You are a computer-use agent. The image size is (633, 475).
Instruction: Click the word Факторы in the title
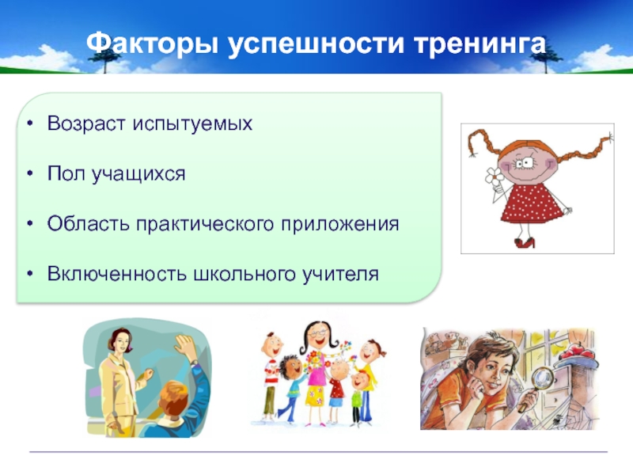(152, 44)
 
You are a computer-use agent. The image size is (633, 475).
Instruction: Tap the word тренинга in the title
(479, 44)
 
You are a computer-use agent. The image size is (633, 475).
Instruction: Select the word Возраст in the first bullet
(87, 123)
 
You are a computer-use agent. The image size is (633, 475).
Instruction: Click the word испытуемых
(192, 123)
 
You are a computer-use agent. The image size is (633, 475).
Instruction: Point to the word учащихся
(138, 174)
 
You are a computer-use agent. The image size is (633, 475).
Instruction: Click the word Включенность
(117, 274)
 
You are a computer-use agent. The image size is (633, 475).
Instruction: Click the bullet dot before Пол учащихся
(30, 173)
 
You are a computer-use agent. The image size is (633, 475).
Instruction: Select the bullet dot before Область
(30, 224)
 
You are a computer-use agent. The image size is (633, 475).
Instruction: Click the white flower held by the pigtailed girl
(493, 176)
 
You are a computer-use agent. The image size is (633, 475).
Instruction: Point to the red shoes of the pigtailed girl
(525, 242)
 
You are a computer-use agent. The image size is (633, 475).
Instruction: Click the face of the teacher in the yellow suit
(123, 344)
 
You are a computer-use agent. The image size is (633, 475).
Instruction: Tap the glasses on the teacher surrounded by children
(318, 333)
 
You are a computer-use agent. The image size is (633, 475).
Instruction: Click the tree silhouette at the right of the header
(546, 59)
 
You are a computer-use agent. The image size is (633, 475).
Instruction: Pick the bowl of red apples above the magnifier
(577, 354)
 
